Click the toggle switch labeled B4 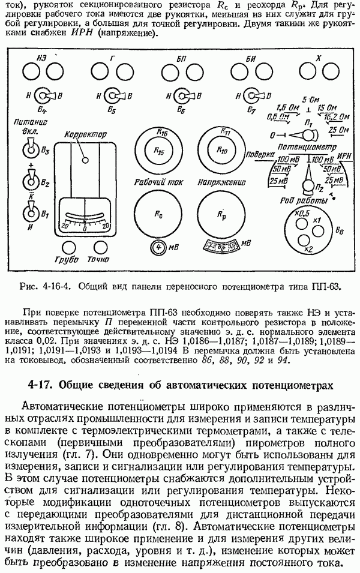coord(44,96)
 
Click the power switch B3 coord(31,148)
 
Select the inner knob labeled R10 coord(222,150)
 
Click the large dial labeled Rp coord(221,214)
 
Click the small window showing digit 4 coord(158,247)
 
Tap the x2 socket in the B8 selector coord(304,241)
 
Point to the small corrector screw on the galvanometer coord(86,160)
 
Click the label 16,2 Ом coord(337,117)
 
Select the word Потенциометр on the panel coord(307,147)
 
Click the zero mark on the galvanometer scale coord(85,229)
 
